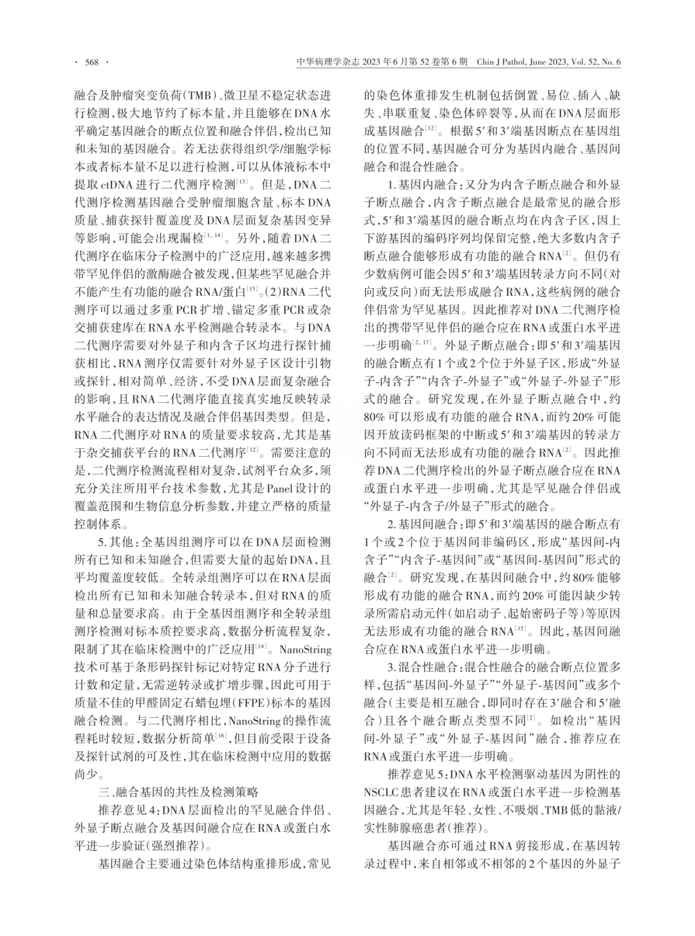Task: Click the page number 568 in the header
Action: pyautogui.click(x=91, y=62)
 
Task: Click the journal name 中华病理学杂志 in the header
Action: pyautogui.click(x=328, y=62)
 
